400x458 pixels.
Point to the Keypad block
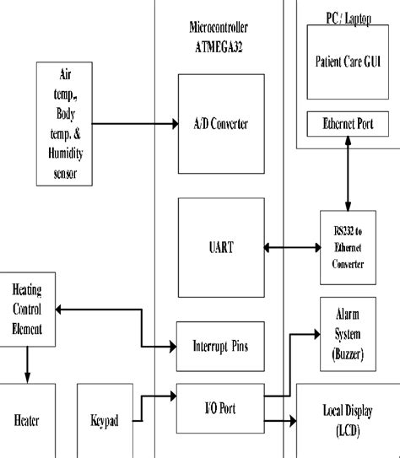(x=105, y=420)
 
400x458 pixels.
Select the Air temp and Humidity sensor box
(x=64, y=123)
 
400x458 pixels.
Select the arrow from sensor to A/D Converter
(x=135, y=125)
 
